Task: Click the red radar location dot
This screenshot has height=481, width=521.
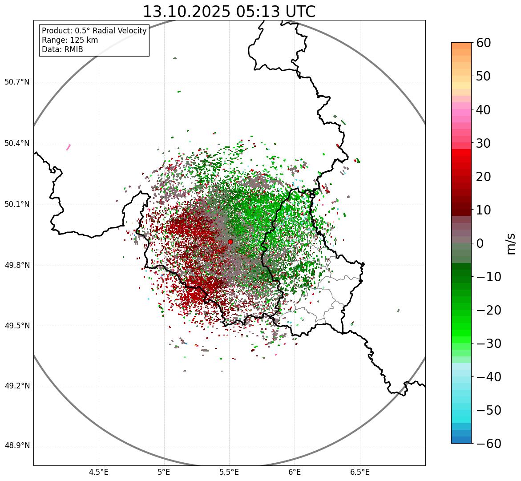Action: coord(230,242)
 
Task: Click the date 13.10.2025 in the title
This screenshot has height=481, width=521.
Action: coord(186,12)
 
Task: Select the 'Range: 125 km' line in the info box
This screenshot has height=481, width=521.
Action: coord(70,40)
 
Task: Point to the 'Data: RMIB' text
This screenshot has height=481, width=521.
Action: coord(62,49)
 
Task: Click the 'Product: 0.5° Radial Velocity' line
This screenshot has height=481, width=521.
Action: coord(94,31)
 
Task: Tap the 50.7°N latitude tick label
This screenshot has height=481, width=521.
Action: coord(17,82)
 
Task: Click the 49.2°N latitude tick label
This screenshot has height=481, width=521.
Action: coord(17,386)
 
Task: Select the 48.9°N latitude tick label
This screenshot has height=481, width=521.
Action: coord(17,446)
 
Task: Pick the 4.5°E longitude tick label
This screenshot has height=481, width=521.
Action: coord(99,472)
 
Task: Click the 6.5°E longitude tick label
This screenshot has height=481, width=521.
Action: coord(359,472)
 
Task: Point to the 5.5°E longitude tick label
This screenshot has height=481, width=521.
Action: coord(229,472)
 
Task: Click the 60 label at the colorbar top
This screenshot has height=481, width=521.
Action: coord(484,43)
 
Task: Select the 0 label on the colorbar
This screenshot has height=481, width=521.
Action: coord(480,243)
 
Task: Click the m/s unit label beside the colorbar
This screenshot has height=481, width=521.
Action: coord(511,243)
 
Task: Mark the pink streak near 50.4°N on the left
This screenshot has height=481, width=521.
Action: coord(69,147)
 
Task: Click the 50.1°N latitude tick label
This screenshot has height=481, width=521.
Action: coord(17,205)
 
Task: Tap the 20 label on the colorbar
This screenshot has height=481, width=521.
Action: coord(484,177)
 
